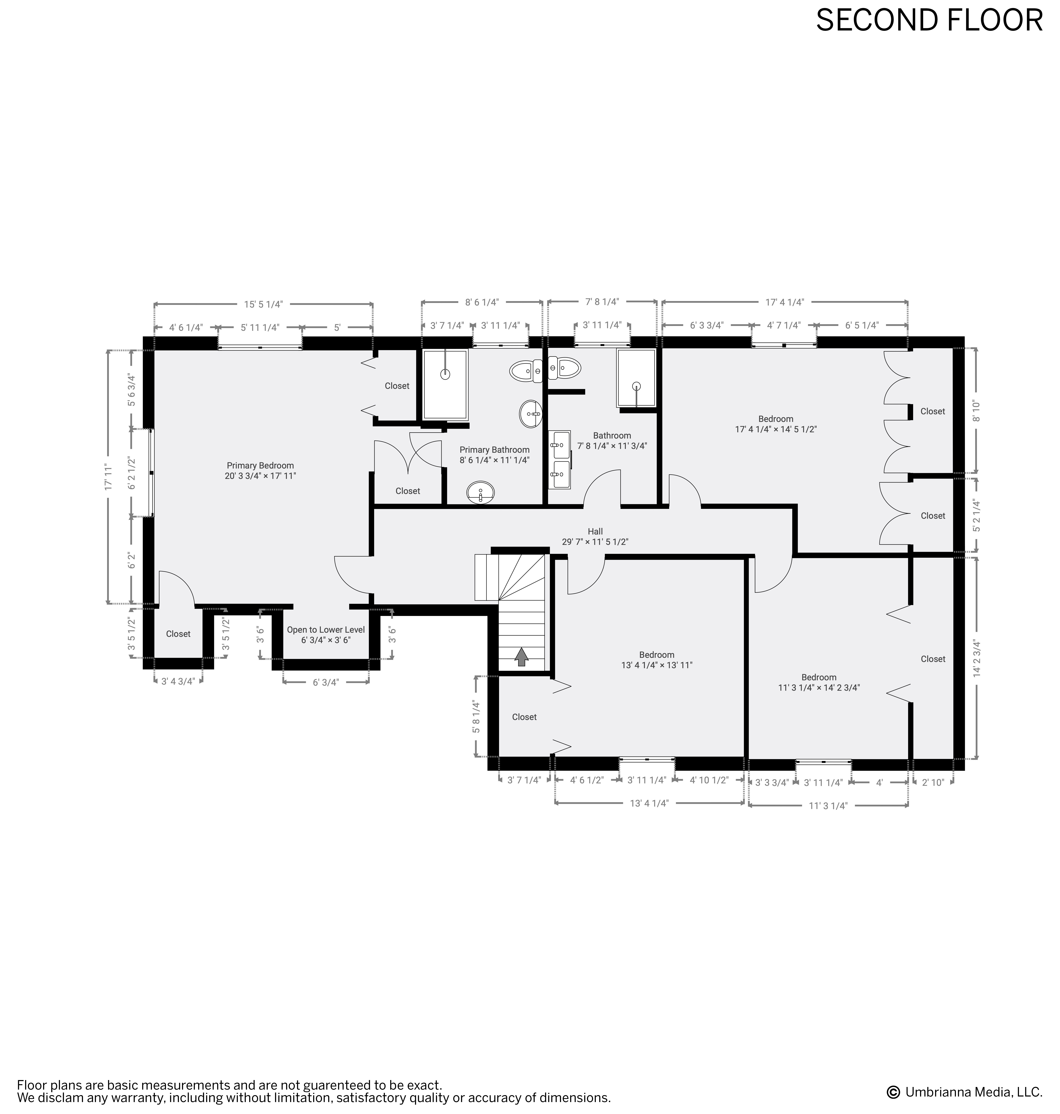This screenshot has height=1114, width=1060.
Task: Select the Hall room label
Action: (595, 536)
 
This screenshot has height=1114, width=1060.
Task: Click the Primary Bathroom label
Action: (494, 455)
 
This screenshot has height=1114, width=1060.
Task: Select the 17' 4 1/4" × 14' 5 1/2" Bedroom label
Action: (776, 424)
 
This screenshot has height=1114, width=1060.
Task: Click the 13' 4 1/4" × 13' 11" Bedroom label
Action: (657, 660)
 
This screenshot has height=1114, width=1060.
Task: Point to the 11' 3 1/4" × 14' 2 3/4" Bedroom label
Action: (819, 682)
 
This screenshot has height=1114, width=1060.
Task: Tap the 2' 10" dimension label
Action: (933, 782)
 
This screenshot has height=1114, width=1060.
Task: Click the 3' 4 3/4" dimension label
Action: (178, 681)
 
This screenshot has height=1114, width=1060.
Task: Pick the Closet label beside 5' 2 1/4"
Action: (933, 516)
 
